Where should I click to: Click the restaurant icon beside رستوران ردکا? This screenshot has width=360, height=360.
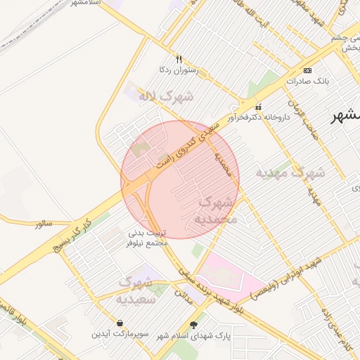point(179,60)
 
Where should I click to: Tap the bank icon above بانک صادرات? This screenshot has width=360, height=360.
point(307,71)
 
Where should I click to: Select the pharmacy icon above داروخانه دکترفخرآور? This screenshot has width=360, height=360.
point(258,108)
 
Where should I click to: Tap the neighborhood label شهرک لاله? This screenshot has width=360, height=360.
point(166,96)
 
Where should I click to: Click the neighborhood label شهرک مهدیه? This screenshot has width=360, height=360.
point(290,172)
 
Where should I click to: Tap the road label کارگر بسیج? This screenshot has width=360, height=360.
point(72,235)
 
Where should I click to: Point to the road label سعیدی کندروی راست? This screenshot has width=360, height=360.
point(183,148)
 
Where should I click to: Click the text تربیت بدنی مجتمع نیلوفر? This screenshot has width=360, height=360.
point(146,238)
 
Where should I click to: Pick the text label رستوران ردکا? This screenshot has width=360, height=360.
point(179,70)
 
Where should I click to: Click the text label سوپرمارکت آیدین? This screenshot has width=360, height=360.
point(119,333)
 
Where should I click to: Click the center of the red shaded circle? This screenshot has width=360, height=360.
point(180,180)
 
